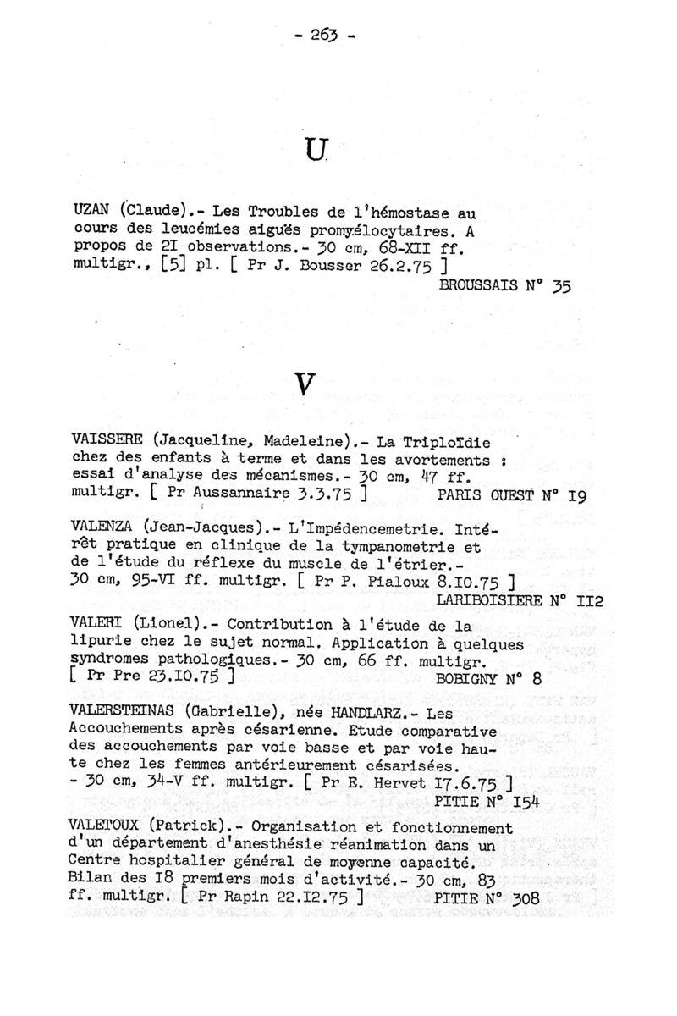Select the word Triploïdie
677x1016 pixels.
pos(453,442)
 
